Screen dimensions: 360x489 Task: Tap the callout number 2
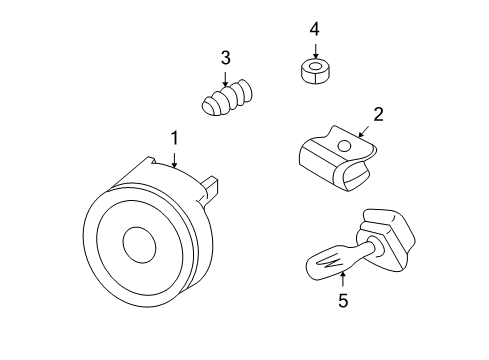[379, 114]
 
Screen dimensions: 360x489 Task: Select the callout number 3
[226, 57]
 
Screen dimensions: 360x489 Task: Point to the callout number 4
[315, 28]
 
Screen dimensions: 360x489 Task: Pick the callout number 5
[342, 300]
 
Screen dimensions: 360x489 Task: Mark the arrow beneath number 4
[315, 50]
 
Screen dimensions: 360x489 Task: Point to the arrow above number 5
[342, 277]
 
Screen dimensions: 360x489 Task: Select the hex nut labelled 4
[316, 72]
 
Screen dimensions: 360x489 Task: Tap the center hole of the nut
[316, 68]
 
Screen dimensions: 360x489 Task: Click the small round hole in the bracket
[344, 146]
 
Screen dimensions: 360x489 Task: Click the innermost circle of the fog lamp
[138, 245]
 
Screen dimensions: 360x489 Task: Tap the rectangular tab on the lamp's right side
[211, 187]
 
